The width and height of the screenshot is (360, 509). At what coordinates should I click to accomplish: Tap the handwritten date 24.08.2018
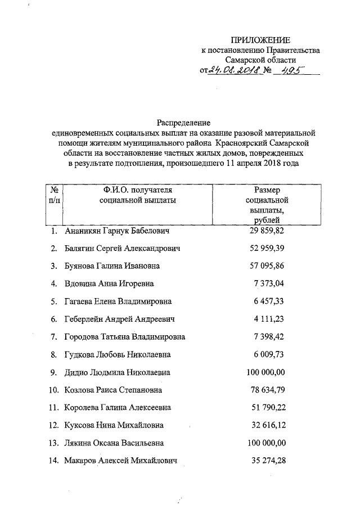click(x=233, y=70)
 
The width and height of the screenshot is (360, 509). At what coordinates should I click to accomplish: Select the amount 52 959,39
click(x=267, y=248)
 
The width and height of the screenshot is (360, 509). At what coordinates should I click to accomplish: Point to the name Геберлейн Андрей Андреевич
click(x=119, y=319)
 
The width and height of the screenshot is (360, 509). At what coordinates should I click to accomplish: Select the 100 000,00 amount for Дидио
click(x=266, y=372)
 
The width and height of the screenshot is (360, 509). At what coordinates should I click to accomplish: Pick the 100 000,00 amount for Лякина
click(x=266, y=443)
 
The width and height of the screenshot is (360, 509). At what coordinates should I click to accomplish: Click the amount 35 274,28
click(x=268, y=461)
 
